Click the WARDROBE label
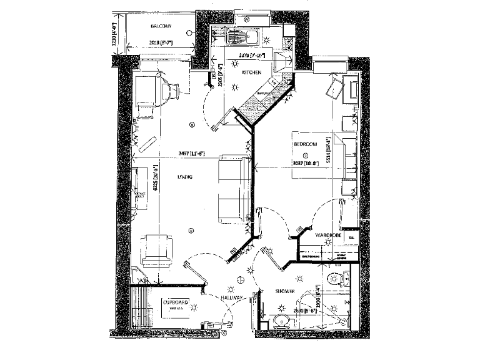click(x=327, y=235)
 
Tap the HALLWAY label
click(x=232, y=300)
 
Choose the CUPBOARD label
click(x=174, y=302)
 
